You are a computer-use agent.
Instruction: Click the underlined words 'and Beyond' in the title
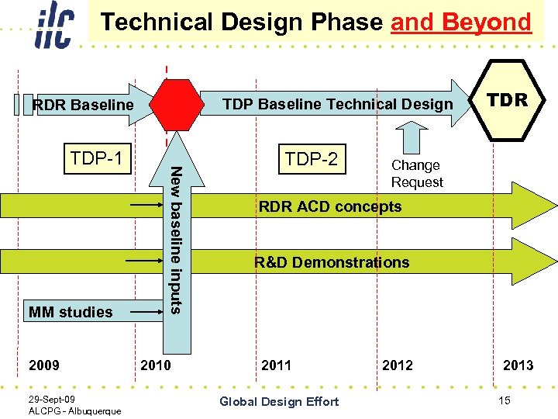461,22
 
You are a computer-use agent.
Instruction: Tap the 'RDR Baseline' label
83,105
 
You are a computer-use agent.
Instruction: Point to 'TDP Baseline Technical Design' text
337,104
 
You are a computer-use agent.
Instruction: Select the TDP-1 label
96,159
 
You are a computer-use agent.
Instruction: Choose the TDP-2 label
311,159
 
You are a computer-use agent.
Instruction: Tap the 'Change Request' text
417,174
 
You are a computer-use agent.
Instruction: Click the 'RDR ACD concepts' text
330,206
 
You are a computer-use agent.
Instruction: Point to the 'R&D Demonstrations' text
332,262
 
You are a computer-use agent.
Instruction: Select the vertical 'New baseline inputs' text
177,241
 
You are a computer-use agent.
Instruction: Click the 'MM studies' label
71,312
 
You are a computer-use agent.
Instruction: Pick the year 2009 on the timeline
43,365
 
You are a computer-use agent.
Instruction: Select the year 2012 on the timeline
397,365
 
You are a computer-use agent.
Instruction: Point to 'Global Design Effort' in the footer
279,401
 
